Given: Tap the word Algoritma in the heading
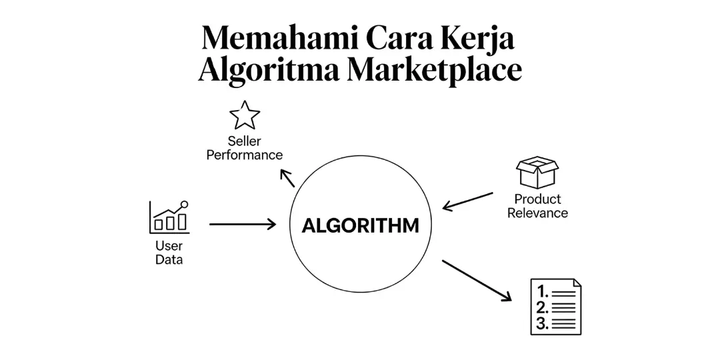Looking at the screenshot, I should click(x=269, y=71).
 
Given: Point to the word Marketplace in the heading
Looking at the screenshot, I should click(x=435, y=71).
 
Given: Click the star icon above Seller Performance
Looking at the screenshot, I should click(x=245, y=115).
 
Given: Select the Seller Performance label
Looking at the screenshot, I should click(x=245, y=148).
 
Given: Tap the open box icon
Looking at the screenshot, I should click(x=537, y=173).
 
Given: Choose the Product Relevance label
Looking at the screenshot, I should click(x=537, y=206).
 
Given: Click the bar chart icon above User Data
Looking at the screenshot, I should click(x=169, y=217).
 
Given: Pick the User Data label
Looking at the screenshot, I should click(x=169, y=253).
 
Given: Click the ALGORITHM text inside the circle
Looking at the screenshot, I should click(x=361, y=225).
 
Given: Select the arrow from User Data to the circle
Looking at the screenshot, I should click(x=243, y=225).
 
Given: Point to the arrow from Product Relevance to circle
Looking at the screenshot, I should click(x=467, y=201).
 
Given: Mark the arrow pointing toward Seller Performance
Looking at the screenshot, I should click(x=287, y=177).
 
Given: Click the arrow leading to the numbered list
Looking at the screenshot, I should click(x=476, y=280).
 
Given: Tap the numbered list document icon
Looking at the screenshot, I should click(x=555, y=307).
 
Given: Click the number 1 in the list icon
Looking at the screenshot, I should click(x=543, y=291).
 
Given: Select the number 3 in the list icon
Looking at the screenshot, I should click(x=543, y=323).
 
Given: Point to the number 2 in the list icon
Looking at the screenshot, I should click(x=543, y=307).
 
